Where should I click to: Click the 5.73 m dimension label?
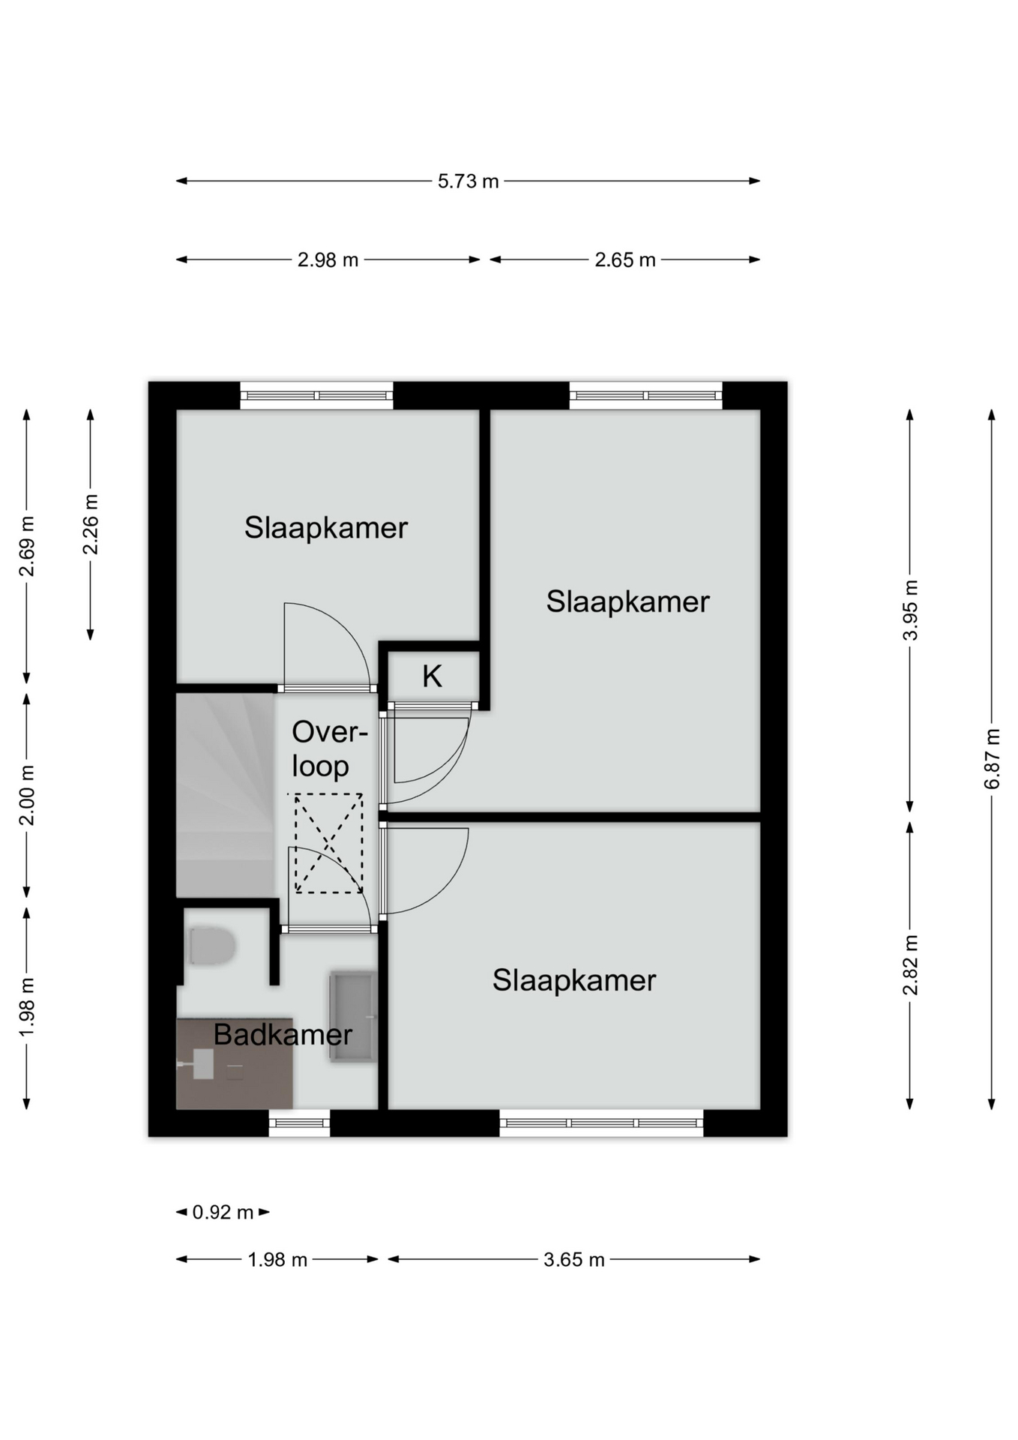468,181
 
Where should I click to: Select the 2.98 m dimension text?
328,260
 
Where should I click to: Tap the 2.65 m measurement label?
624,260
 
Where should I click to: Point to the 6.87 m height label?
992,758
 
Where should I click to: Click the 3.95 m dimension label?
910,610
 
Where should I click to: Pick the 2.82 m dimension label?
910,964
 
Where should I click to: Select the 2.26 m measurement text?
90,524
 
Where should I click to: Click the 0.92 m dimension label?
223,1212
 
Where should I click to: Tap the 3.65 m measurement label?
573,1259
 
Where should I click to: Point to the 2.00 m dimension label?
26,795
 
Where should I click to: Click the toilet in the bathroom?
212,946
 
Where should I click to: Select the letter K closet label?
432,676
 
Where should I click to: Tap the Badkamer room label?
283,1035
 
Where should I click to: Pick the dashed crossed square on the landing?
328,843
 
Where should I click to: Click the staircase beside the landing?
224,795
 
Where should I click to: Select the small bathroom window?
299,1123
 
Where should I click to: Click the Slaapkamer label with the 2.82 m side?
574,981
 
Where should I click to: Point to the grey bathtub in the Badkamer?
352,1017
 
